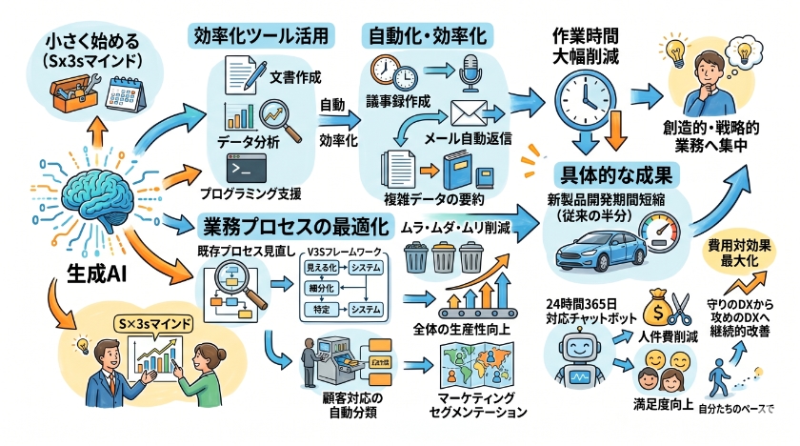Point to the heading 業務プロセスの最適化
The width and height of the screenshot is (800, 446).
tap(296, 228)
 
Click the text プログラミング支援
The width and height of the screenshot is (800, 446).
tap(250, 193)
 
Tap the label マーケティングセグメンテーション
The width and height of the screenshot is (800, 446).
tap(473, 406)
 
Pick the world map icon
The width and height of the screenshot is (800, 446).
tap(473, 363)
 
